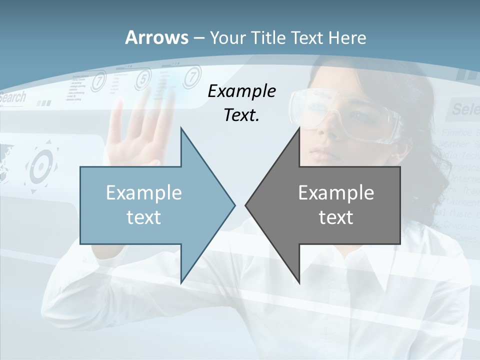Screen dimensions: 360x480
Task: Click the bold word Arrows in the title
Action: (156, 37)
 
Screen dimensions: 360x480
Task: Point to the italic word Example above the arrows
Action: (241, 91)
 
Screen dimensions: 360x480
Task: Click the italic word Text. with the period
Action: (241, 115)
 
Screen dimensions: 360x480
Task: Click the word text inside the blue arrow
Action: (143, 217)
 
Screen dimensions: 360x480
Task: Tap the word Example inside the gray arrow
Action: (336, 193)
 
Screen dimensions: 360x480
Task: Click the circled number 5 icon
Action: (143, 78)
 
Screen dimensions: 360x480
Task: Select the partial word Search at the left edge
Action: (12, 97)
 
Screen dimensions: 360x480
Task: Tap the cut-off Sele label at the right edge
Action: (465, 108)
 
